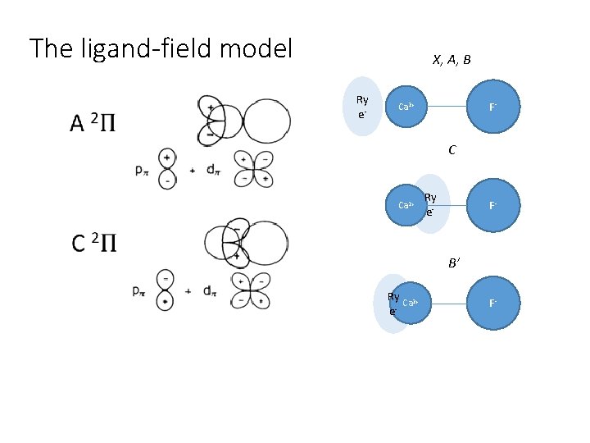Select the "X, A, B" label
(451, 60)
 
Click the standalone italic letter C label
(452, 151)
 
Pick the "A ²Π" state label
(93, 124)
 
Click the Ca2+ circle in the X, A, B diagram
(406, 107)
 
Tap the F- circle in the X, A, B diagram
(492, 107)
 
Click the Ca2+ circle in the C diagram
(406, 205)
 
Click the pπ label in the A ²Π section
(142, 171)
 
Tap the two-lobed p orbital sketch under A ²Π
(167, 168)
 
